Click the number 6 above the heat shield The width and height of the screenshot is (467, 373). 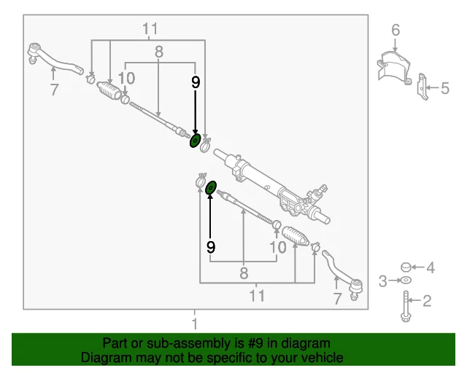[x=395, y=30]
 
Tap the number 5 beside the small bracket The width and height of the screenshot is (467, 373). [x=445, y=89]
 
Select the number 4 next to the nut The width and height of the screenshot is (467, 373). [x=431, y=268]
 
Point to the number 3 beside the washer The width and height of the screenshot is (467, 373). [x=382, y=280]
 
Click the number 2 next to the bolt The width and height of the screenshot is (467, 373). [x=428, y=299]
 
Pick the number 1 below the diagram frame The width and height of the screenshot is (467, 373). [x=195, y=323]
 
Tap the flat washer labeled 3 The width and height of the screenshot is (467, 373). [x=406, y=280]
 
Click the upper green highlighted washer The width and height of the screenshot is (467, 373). [x=196, y=140]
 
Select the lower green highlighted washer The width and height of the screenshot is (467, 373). [x=210, y=189]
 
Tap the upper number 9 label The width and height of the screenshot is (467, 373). [x=195, y=82]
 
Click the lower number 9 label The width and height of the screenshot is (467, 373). [x=211, y=247]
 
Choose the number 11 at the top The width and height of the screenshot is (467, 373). [x=150, y=30]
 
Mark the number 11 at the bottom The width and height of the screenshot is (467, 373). [x=256, y=296]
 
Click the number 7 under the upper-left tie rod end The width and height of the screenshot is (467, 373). [x=53, y=90]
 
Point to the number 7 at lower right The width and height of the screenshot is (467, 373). [x=337, y=299]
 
